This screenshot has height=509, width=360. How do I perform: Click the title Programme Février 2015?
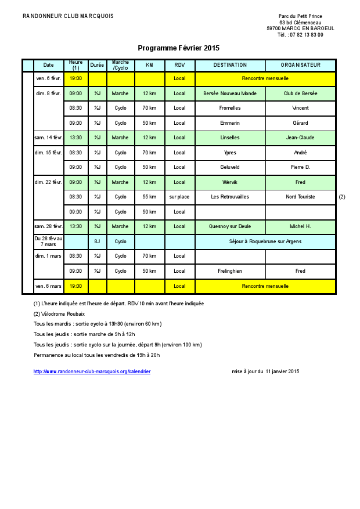(178, 48)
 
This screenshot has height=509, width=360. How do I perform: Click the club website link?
(92, 371)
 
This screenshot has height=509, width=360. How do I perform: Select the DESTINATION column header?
(230, 65)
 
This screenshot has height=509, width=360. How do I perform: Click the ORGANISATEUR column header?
(300, 65)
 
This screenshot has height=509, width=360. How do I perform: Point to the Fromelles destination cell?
(230, 108)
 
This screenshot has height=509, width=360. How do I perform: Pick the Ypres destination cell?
(230, 153)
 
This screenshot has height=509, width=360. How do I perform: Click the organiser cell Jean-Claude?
(300, 138)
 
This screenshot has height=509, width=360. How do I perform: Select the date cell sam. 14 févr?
(48, 138)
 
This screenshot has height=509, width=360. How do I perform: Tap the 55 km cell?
(149, 197)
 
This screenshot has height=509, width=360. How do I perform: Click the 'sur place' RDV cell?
(179, 197)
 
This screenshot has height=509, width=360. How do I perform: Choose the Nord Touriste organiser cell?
(300, 197)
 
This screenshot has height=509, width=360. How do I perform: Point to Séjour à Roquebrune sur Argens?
(265, 241)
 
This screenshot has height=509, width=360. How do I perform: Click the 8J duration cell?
(98, 241)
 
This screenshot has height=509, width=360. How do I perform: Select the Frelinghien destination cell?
(230, 271)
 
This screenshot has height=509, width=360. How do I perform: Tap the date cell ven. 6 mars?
(48, 286)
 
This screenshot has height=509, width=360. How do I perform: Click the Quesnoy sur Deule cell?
(230, 226)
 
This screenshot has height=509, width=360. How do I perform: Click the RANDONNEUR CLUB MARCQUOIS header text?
(68, 16)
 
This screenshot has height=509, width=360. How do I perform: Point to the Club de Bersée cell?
(300, 93)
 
